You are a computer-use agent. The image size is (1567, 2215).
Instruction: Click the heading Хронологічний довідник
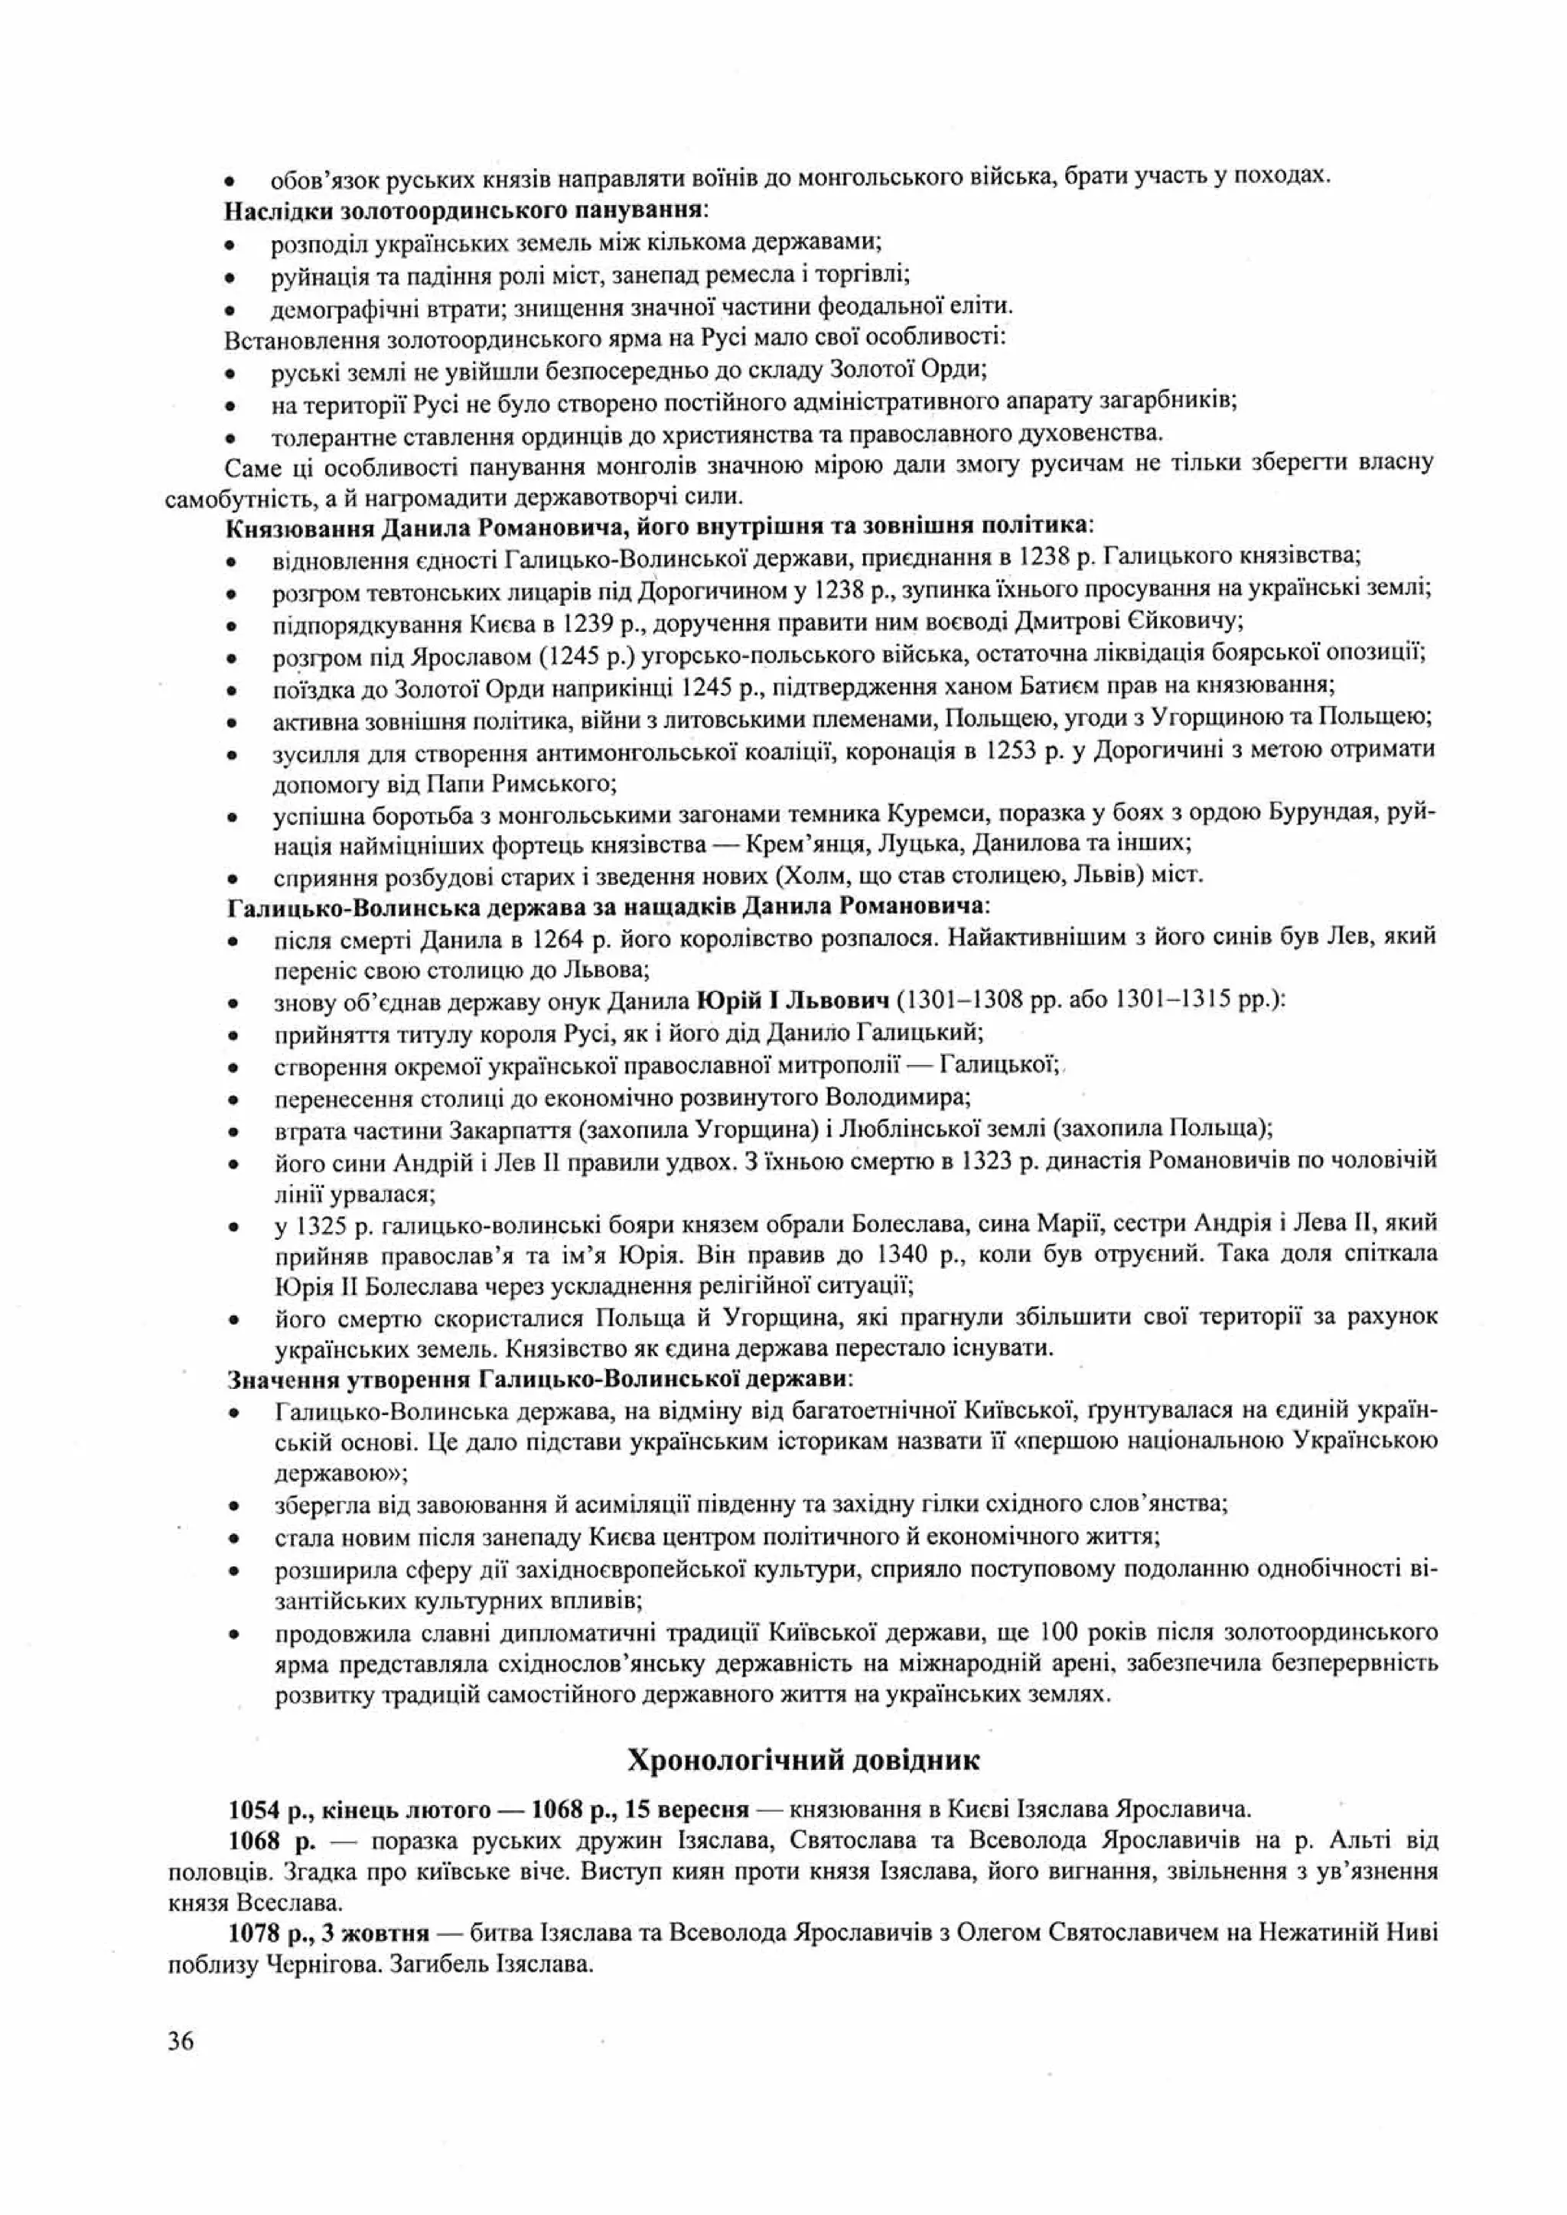click(803, 1760)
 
